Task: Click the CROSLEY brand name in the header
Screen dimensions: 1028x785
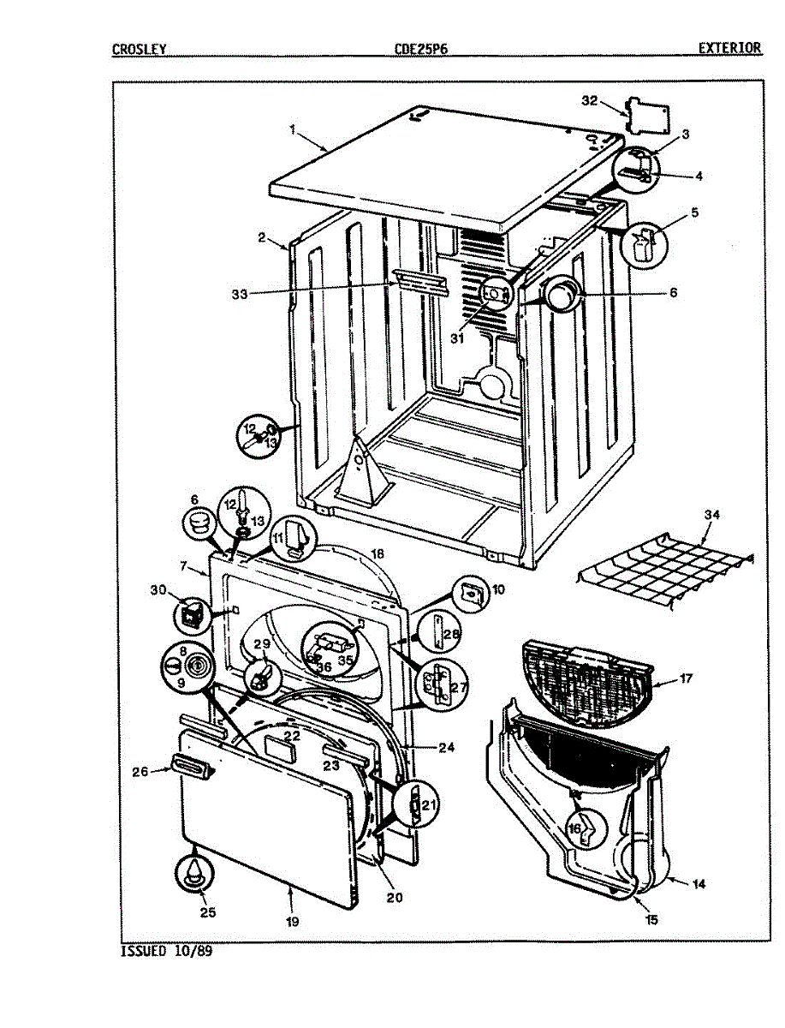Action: point(138,49)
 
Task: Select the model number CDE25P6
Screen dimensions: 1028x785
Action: point(420,49)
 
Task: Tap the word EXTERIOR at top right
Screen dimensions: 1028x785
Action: point(729,48)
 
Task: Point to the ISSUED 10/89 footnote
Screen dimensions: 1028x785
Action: point(166,951)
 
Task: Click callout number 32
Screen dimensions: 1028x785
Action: point(589,101)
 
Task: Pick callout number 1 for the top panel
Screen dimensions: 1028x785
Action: point(292,130)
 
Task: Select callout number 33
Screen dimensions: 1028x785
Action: point(239,294)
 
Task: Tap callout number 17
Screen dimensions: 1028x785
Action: point(686,678)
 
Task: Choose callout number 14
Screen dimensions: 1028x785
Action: point(699,884)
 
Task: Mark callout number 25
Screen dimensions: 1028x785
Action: point(207,912)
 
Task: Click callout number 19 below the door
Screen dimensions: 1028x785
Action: point(291,922)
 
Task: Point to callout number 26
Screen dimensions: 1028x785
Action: point(140,771)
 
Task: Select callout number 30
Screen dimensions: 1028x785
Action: point(157,590)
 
